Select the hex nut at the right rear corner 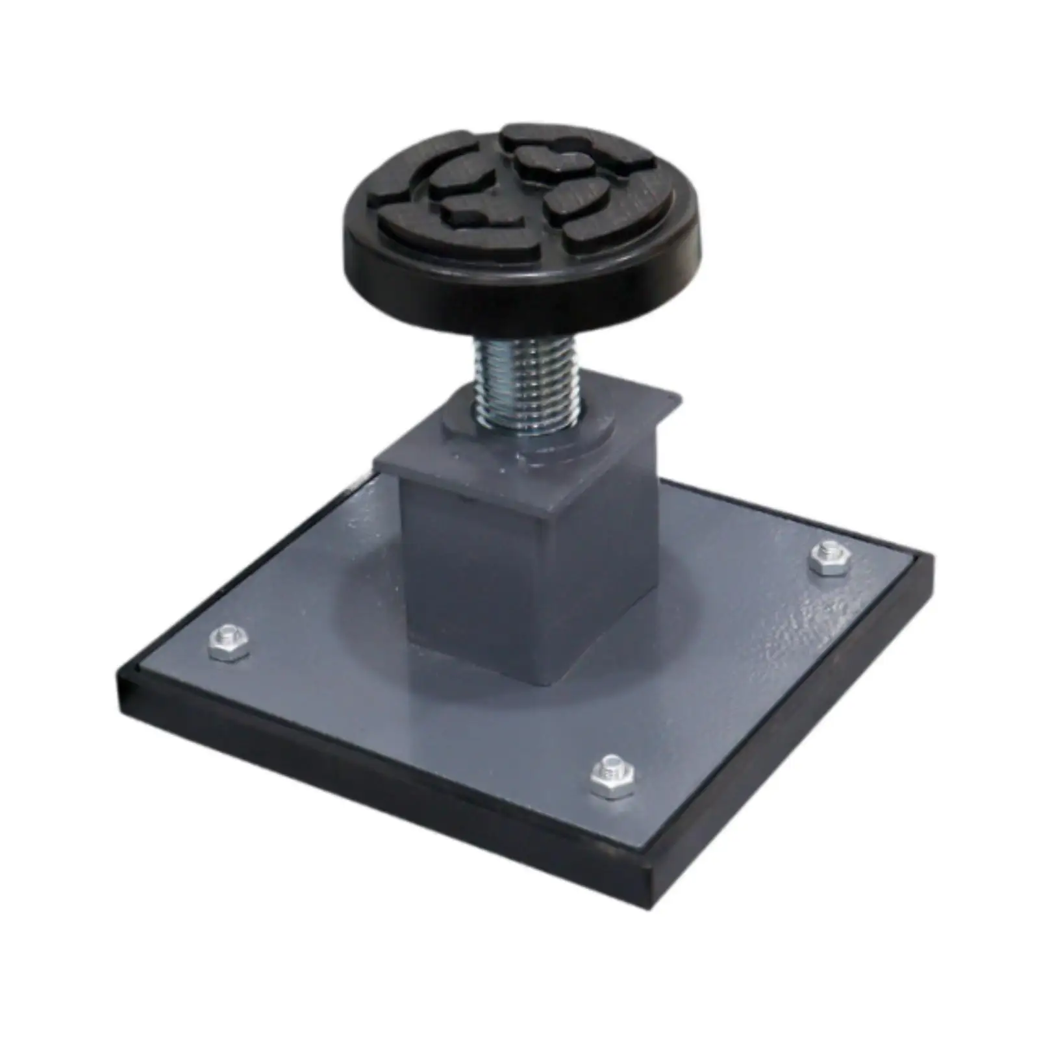[831, 557]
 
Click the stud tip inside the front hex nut [612, 769]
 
